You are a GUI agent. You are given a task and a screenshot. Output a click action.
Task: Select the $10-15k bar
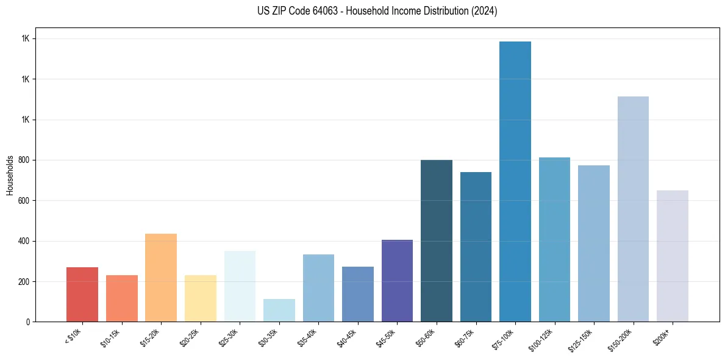[121, 298]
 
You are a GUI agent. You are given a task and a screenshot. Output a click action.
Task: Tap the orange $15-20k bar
[161, 278]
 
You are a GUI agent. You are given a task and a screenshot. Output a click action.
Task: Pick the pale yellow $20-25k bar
[200, 298]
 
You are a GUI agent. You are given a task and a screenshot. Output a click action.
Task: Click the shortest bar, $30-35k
[279, 311]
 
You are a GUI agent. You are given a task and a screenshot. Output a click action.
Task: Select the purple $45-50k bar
[397, 281]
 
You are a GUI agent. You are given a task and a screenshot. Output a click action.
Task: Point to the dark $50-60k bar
[437, 241]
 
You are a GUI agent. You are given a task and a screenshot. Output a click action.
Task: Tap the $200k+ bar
[673, 256]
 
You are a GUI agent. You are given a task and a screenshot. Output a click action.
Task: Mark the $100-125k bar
[554, 240]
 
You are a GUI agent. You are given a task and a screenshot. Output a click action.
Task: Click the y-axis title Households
[10, 175]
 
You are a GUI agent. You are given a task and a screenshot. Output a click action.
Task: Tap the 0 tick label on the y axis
[27, 322]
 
